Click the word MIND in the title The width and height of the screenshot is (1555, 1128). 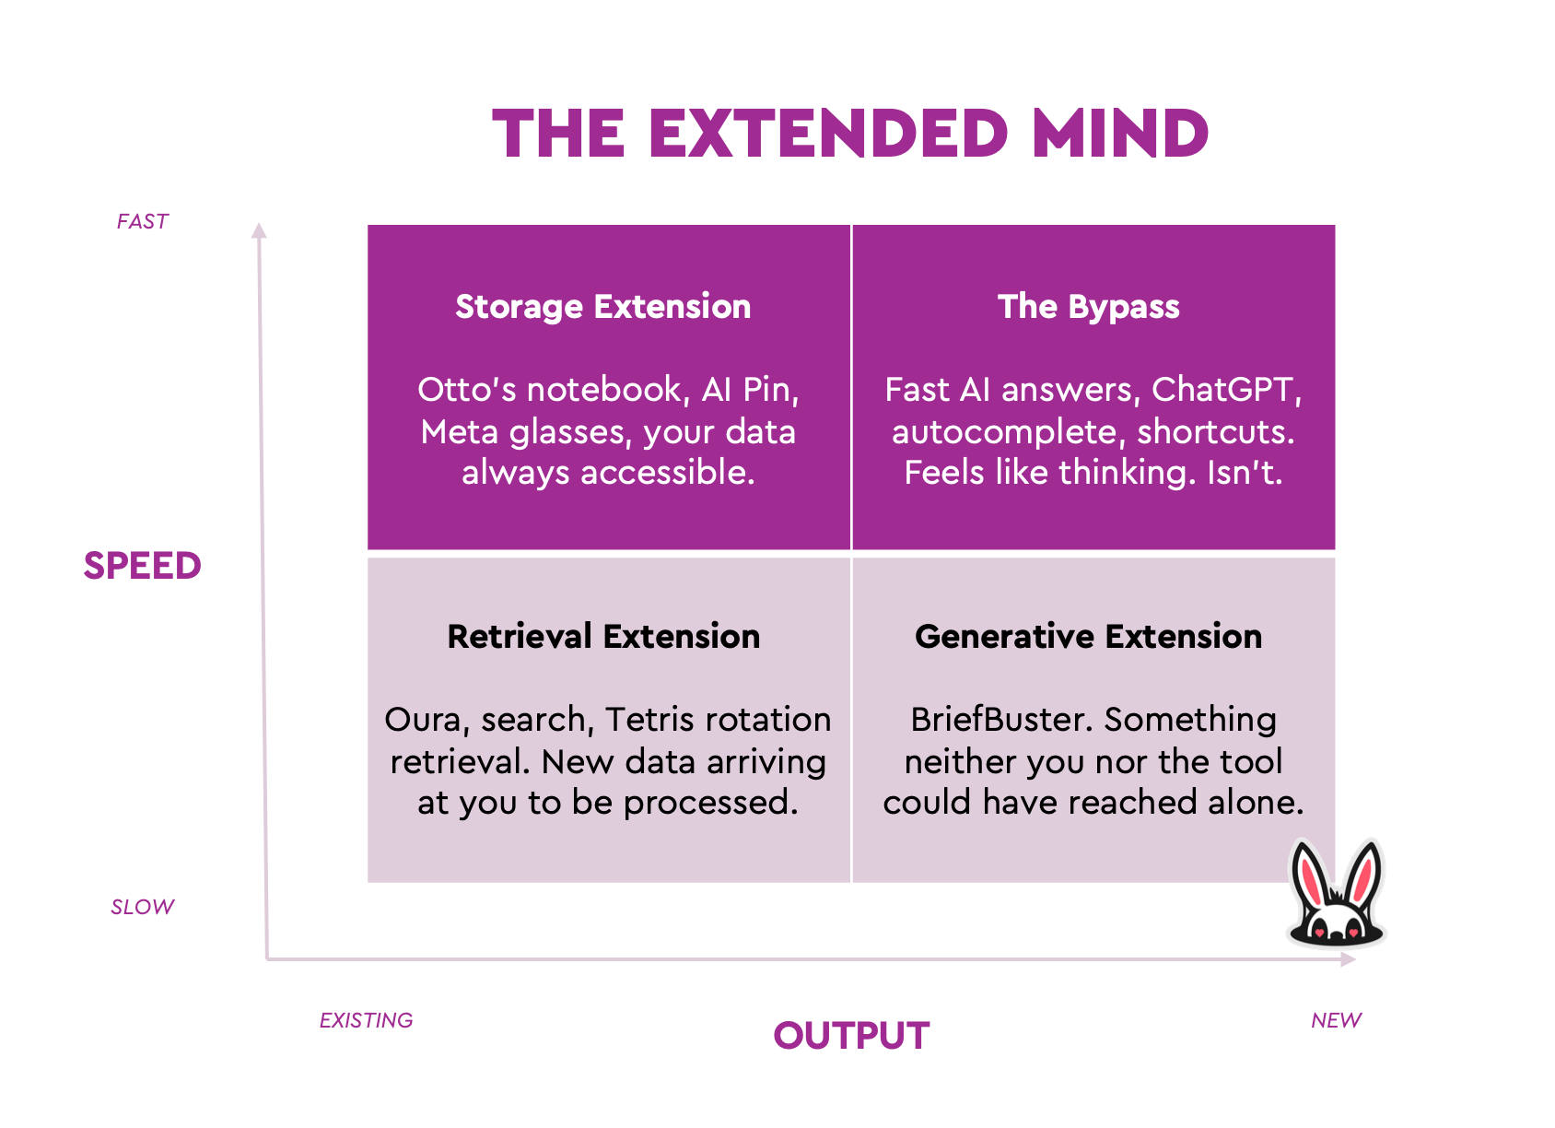click(1120, 133)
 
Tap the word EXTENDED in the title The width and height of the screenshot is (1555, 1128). click(828, 133)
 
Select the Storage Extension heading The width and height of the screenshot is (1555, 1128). click(602, 307)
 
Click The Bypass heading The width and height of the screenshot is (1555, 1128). click(1088, 306)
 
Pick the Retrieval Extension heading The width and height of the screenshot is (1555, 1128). click(603, 636)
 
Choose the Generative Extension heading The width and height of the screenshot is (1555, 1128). click(1088, 636)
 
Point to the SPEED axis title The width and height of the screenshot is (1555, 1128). click(142, 566)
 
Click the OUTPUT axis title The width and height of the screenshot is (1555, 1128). click(851, 1036)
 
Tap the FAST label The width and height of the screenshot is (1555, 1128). click(142, 221)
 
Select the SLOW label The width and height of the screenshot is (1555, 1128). click(142, 907)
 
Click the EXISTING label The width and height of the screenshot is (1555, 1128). click(366, 1019)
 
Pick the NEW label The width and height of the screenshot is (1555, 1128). click(1336, 1019)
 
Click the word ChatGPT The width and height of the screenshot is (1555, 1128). click(1226, 391)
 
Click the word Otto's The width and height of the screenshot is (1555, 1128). click(466, 390)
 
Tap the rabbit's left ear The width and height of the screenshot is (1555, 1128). click(1311, 875)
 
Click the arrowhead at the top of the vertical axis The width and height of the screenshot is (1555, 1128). click(259, 230)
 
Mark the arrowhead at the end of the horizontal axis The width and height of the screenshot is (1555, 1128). click(1348, 959)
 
